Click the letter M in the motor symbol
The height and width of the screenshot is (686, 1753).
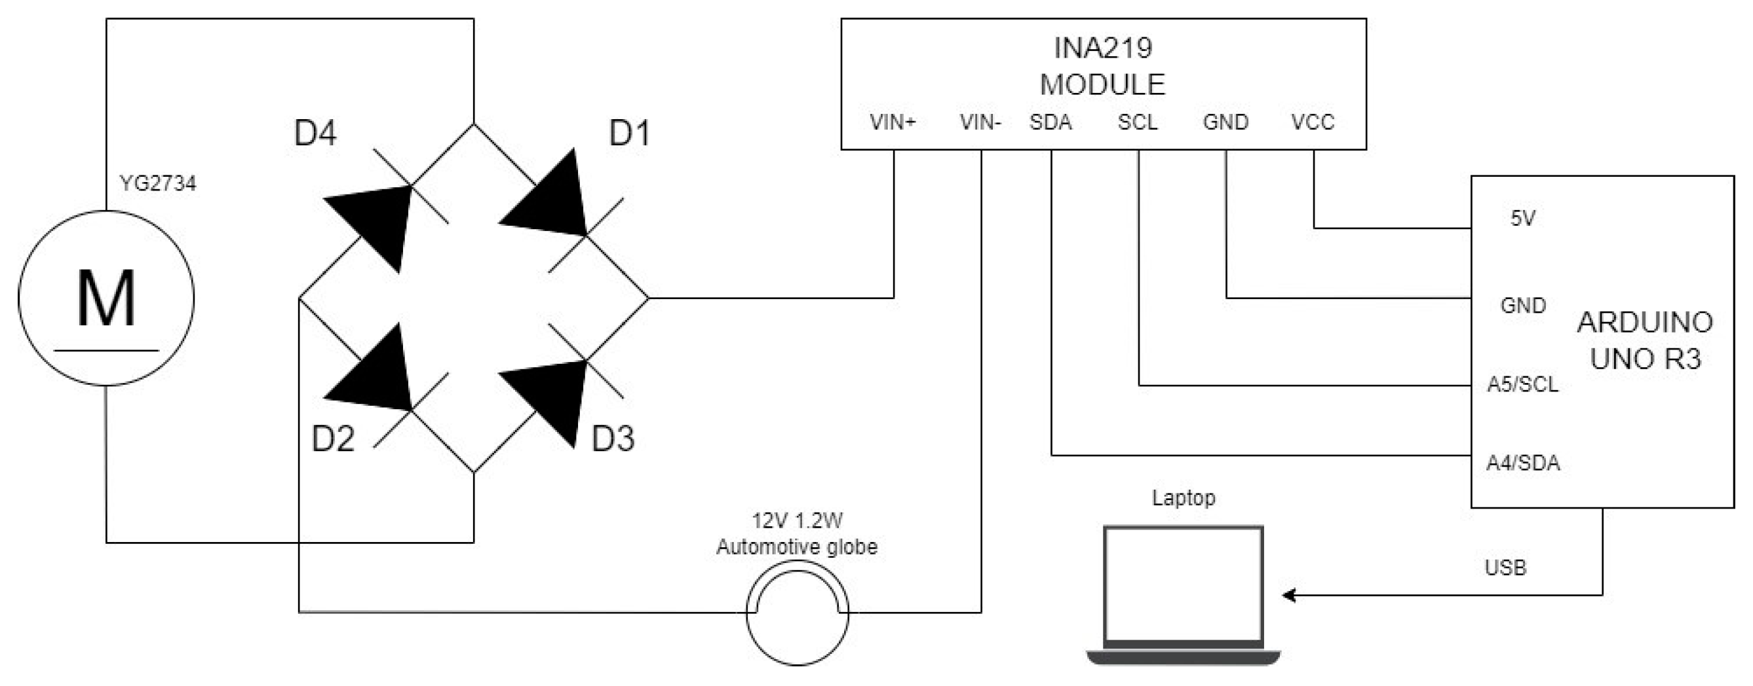(x=106, y=299)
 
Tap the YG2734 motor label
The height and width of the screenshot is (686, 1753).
(x=158, y=183)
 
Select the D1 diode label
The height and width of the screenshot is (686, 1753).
(x=629, y=134)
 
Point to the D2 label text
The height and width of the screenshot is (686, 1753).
(x=333, y=439)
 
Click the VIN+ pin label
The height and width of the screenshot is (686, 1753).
(x=892, y=122)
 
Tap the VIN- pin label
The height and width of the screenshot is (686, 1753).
(x=980, y=122)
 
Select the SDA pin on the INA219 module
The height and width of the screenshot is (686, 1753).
(x=1050, y=122)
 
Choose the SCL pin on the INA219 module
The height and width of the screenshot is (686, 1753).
(x=1137, y=122)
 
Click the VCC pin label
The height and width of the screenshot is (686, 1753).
(x=1313, y=122)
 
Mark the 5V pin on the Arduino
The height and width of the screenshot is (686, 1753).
(x=1523, y=218)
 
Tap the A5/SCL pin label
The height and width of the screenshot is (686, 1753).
(x=1522, y=385)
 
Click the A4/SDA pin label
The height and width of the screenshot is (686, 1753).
(x=1522, y=463)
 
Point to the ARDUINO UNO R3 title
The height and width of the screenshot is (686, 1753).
(x=1645, y=340)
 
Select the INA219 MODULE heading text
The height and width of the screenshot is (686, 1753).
(x=1102, y=66)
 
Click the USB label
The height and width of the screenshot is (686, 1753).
(x=1505, y=568)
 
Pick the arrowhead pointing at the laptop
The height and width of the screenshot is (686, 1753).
(x=1288, y=596)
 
